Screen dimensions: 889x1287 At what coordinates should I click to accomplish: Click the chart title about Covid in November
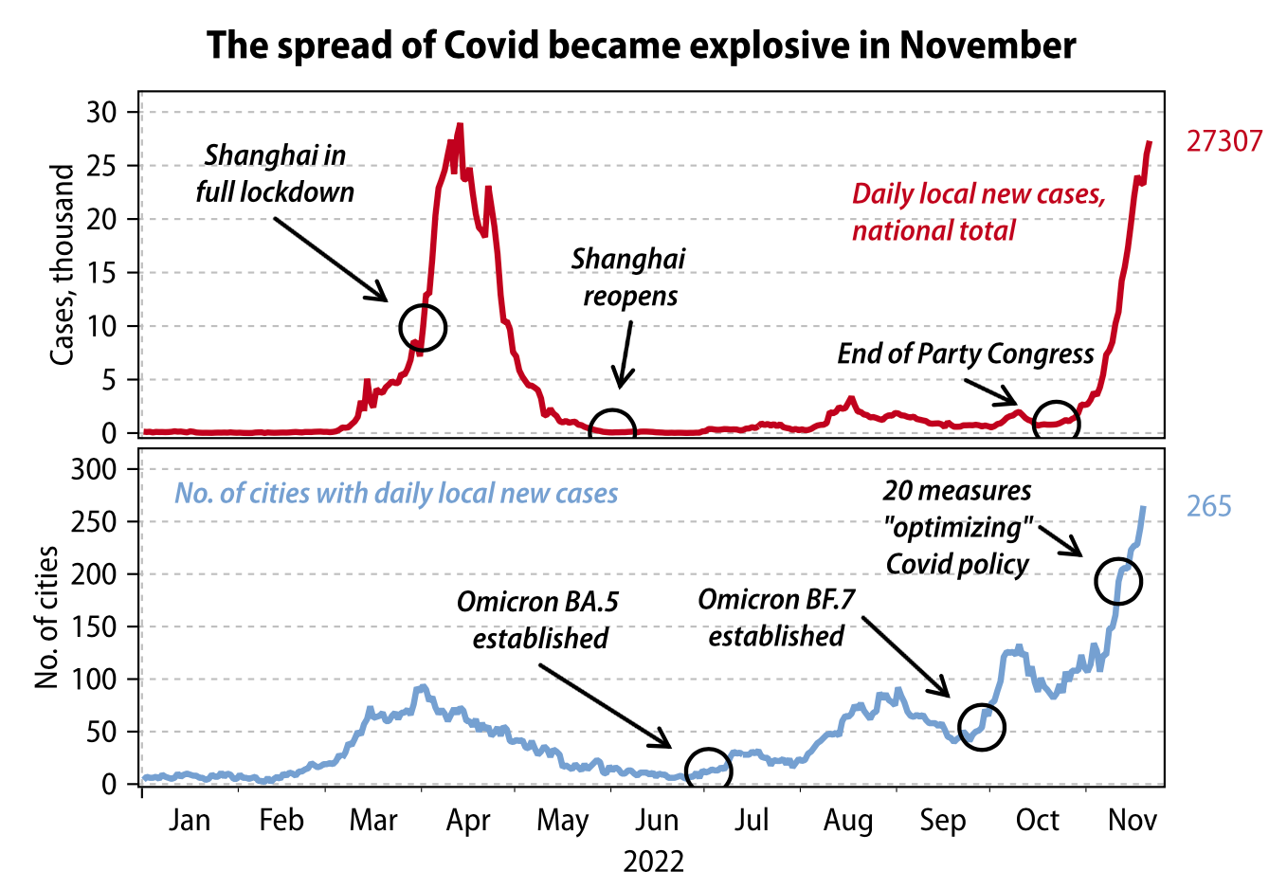(642, 45)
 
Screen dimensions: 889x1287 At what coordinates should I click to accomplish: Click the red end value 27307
(1224, 141)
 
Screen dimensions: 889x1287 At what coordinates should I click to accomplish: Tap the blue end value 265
(1208, 506)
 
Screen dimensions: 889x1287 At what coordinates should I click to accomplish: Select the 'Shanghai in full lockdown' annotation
(275, 173)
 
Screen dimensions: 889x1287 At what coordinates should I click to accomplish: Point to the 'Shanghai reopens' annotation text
(629, 277)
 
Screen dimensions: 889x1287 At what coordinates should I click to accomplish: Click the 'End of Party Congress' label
(965, 354)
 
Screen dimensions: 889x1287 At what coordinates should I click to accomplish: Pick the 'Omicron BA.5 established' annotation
(538, 620)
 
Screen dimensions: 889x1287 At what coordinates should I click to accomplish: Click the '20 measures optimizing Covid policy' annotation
(957, 527)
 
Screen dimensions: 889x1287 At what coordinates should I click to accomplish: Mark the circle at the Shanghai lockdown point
(423, 327)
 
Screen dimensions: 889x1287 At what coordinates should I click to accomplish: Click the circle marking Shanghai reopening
(612, 431)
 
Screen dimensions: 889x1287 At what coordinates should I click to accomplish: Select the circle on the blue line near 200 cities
(1118, 581)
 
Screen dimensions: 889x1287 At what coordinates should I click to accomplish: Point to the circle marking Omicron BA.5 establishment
(708, 769)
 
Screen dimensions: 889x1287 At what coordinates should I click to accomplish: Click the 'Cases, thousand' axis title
(62, 264)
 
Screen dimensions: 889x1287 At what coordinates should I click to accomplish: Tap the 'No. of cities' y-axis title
(46, 617)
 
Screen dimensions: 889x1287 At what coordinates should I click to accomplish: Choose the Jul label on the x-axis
(752, 820)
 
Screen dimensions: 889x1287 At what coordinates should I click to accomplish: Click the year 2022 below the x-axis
(653, 862)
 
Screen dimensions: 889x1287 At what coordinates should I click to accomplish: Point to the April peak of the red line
(460, 125)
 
